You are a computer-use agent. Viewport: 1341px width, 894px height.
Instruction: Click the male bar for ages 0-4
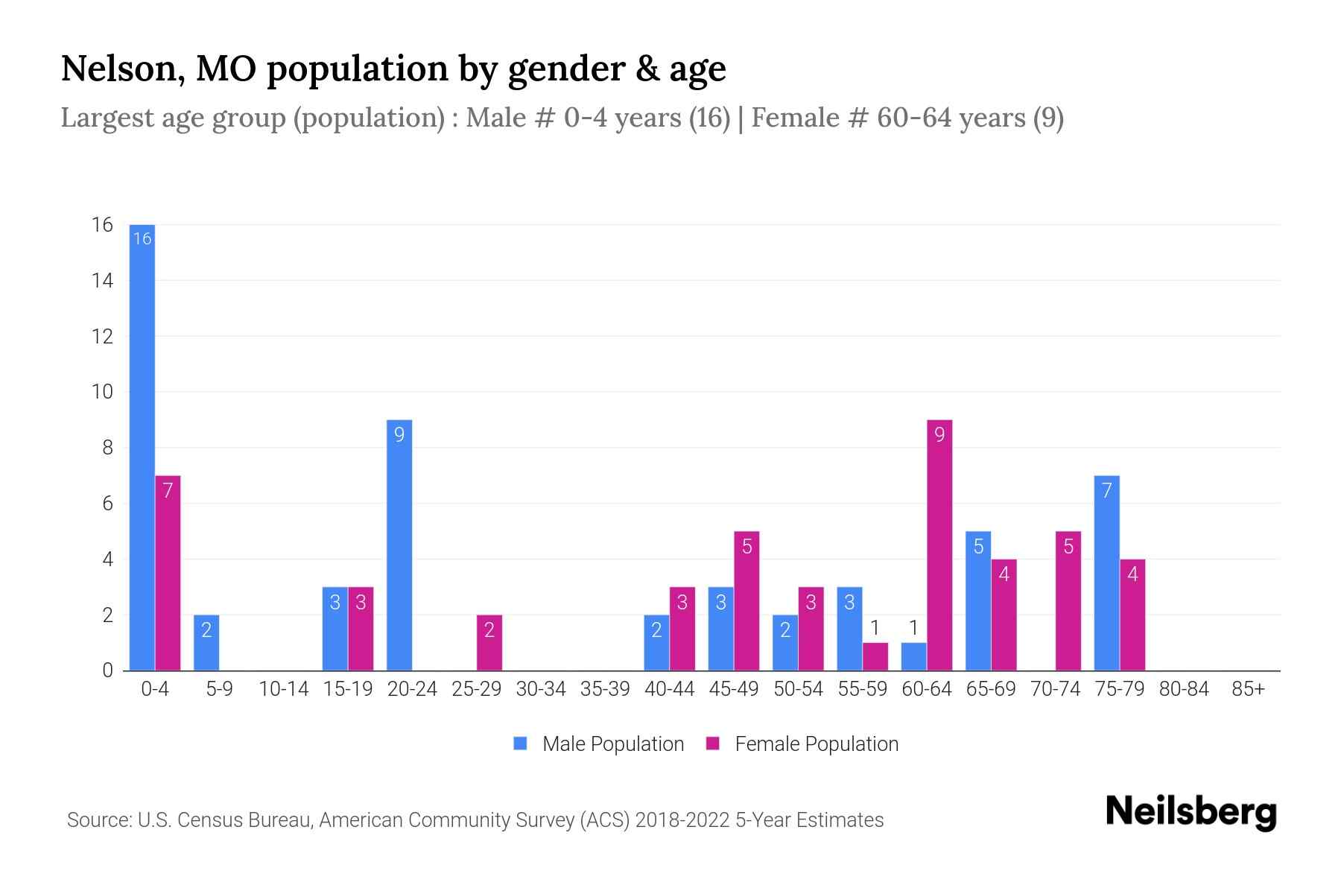[x=142, y=447]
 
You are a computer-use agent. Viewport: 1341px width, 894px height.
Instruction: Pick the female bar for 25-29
[x=489, y=643]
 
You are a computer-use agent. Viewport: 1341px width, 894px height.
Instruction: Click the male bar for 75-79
[x=1106, y=573]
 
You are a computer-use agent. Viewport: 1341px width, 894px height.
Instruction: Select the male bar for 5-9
[x=206, y=643]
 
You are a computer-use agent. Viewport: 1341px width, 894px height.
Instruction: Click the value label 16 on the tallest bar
[x=142, y=238]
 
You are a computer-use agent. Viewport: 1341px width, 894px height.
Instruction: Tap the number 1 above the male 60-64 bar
[x=913, y=627]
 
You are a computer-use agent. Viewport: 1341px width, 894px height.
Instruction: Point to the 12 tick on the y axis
[x=102, y=336]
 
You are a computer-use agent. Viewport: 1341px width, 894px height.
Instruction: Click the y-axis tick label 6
[x=107, y=504]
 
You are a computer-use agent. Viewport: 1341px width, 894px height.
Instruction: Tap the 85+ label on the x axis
[x=1248, y=689]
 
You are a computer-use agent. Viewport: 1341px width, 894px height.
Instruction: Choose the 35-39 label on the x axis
[x=605, y=689]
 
